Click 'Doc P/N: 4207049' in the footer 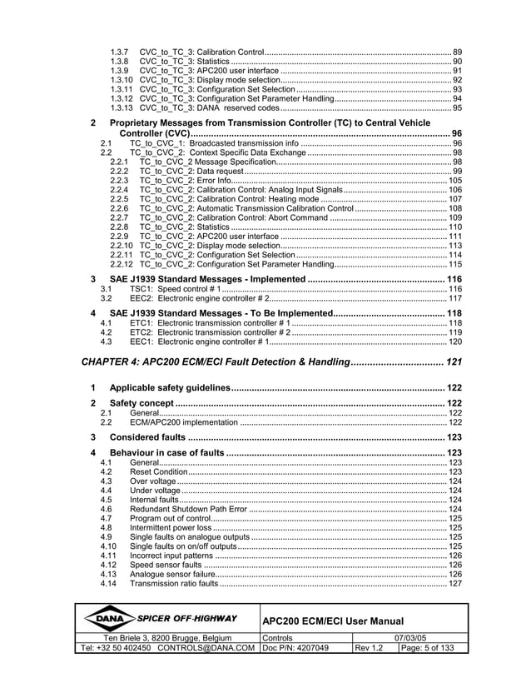pyautogui.click(x=295, y=648)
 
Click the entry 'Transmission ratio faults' pyautogui.click(x=174, y=583)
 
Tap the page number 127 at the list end pyautogui.click(x=455, y=583)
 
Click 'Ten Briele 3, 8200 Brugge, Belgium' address pyautogui.click(x=158, y=637)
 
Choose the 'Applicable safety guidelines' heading pyautogui.click(x=170, y=388)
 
